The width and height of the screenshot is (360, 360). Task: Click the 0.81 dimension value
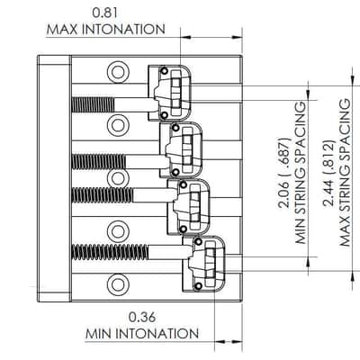105,13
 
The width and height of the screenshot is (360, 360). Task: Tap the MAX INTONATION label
106,30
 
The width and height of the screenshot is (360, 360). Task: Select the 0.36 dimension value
142,317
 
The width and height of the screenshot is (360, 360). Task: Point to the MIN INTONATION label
142,334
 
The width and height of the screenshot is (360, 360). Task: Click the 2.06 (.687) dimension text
283,173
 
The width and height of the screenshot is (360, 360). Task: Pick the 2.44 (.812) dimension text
328,173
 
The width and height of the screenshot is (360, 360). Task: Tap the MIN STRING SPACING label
301,173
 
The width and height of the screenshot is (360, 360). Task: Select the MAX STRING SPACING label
345,173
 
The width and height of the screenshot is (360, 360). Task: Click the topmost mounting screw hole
116,72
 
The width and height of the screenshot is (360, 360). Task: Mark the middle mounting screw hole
116,178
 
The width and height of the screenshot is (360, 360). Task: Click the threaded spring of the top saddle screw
93,105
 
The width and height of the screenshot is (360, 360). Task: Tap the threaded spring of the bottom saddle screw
110,252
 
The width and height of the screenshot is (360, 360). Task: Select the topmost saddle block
170,94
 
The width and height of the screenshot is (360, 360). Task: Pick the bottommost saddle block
203,264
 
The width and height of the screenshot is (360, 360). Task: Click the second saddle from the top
181,149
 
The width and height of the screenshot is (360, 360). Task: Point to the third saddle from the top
188,207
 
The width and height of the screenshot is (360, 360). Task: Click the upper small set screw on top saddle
164,71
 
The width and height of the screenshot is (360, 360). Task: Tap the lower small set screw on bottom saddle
198,286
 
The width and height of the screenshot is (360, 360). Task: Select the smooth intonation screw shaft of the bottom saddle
169,252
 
